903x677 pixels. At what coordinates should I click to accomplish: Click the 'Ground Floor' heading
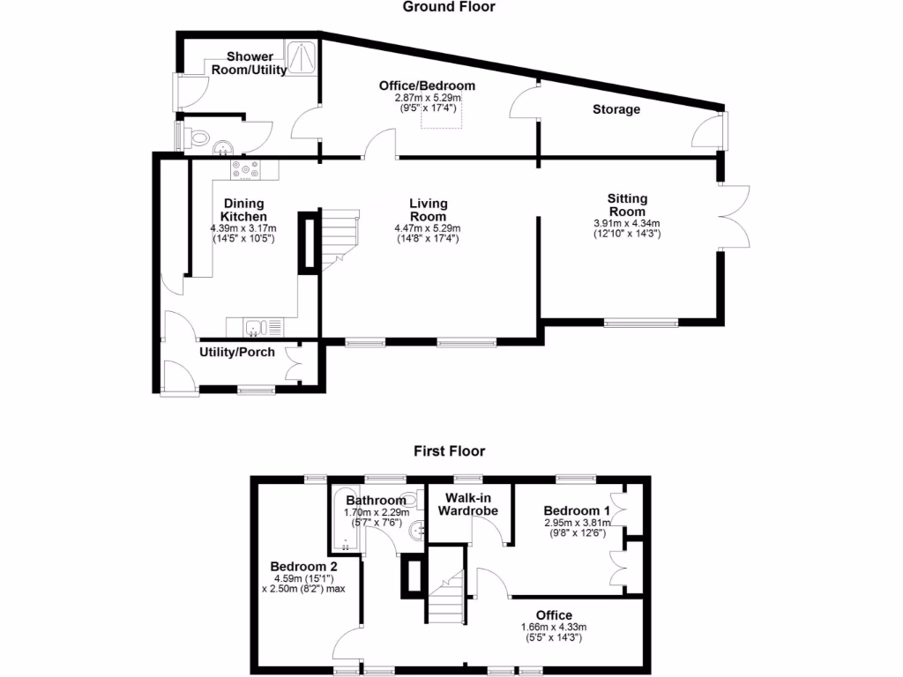coord(449,7)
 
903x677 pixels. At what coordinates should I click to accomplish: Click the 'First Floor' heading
coord(449,450)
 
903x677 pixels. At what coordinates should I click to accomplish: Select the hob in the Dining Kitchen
coord(244,167)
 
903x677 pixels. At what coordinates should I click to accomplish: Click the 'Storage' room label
coord(616,109)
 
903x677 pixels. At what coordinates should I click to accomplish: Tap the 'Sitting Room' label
coord(627,205)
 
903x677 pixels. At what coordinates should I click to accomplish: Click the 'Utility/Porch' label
coord(237,353)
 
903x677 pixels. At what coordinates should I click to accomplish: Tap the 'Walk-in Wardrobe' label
coord(468,504)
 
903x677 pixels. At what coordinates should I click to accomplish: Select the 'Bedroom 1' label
coord(577,510)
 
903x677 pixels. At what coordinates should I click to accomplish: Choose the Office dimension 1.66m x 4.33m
coord(553,632)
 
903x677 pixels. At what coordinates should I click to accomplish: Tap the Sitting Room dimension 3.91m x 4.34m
coord(627,228)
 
